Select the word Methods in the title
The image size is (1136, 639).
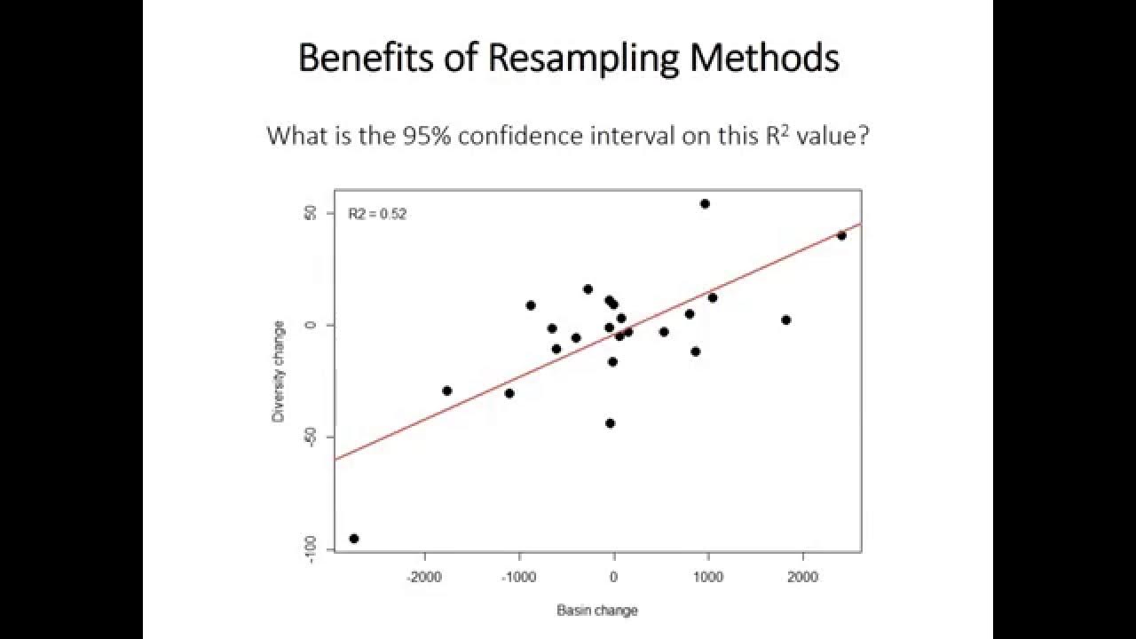click(x=764, y=59)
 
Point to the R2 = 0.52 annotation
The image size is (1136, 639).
click(x=377, y=214)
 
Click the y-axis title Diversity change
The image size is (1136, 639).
click(x=279, y=371)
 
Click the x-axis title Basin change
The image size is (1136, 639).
click(x=596, y=610)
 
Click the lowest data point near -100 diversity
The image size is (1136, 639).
click(x=354, y=538)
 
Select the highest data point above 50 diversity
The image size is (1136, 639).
click(x=705, y=203)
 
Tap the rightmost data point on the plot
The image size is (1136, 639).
click(x=841, y=235)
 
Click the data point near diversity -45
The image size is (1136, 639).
click(x=610, y=423)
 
